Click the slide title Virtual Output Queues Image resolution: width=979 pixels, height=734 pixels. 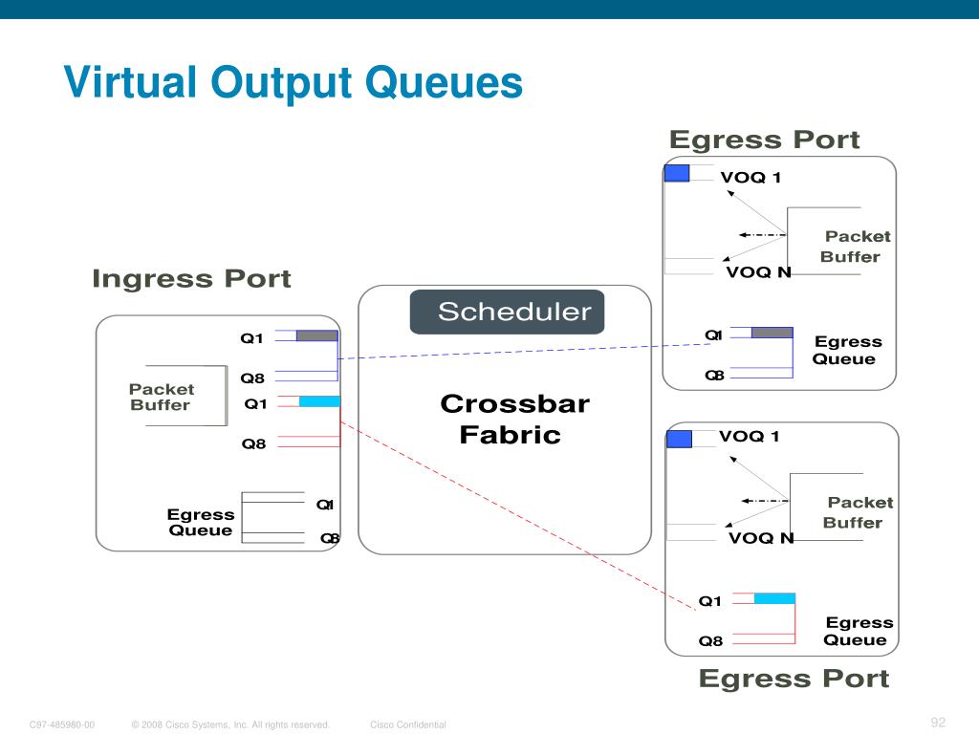tap(294, 82)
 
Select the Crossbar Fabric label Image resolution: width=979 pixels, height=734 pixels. tap(513, 420)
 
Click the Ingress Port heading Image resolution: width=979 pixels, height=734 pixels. tap(191, 279)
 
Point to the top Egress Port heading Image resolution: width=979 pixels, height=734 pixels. tap(764, 140)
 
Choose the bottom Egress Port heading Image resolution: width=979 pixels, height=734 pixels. tap(794, 679)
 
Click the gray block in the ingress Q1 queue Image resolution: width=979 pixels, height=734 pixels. tap(316, 335)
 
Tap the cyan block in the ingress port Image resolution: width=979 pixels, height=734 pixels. tap(319, 401)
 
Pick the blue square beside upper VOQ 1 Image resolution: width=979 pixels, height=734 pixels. tap(677, 173)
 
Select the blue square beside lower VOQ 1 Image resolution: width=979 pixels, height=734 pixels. tap(679, 439)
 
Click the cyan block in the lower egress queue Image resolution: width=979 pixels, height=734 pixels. tap(774, 598)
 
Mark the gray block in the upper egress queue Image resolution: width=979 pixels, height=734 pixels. tap(772, 333)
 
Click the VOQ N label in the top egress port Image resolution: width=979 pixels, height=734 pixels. tap(758, 272)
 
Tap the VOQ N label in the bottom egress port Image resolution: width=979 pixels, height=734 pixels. tap(761, 538)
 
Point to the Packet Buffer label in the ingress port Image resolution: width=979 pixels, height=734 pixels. tap(161, 397)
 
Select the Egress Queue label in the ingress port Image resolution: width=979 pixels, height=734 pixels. tap(201, 523)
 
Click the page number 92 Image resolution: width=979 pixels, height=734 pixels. tap(937, 722)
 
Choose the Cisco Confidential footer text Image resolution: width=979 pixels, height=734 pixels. tap(408, 725)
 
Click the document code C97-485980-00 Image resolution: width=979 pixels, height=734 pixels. tap(62, 725)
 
